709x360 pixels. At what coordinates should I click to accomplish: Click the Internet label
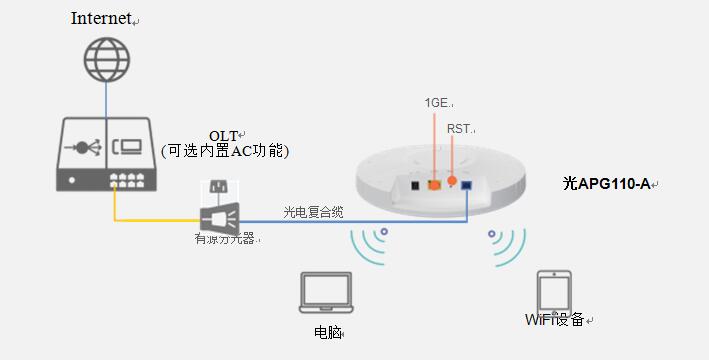[102, 19]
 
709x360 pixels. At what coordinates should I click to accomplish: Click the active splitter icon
[220, 211]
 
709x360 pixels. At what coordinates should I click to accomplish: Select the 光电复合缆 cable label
[313, 211]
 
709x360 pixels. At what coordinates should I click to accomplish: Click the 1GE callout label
[437, 102]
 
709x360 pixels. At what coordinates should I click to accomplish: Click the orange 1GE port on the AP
[435, 184]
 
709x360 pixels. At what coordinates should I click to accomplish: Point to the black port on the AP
[413, 184]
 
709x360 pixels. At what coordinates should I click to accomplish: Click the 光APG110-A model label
[606, 183]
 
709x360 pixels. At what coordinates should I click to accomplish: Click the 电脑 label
[327, 331]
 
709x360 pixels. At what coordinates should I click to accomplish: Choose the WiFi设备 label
[555, 320]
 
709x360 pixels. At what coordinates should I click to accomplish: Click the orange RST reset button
[452, 181]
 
